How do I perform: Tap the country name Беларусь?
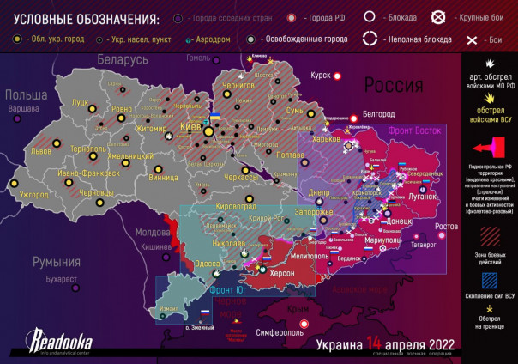(x=123, y=60)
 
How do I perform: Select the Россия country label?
(x=394, y=85)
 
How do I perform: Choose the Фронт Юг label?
(x=230, y=290)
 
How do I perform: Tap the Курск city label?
(x=320, y=76)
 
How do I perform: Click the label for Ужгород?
(x=33, y=196)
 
